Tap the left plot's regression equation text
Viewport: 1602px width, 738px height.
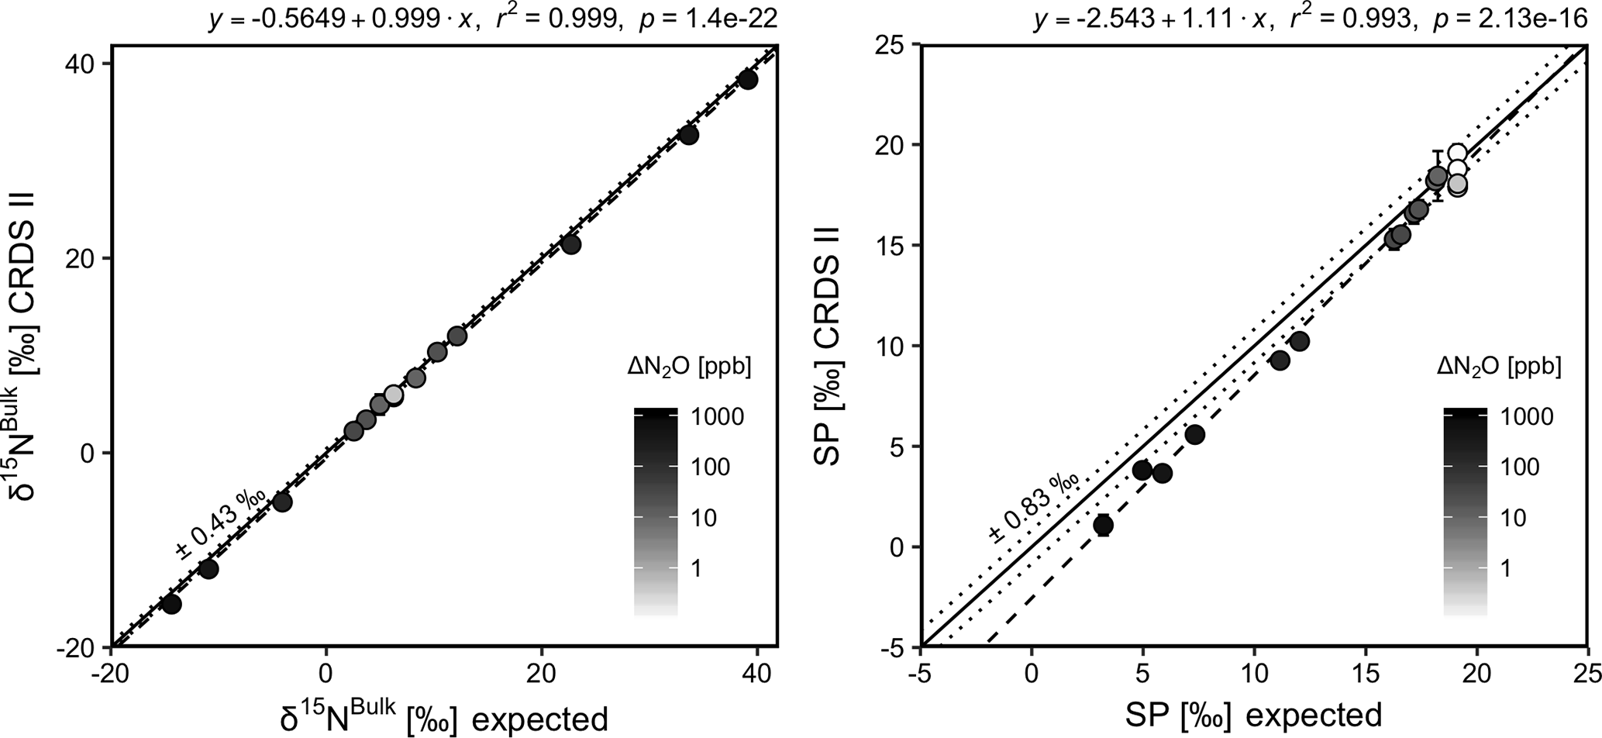pyautogui.click(x=493, y=19)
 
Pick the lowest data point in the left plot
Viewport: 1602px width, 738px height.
pyautogui.click(x=171, y=604)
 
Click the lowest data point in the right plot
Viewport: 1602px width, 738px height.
pyautogui.click(x=1103, y=525)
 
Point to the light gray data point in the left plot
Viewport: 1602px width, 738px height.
pyautogui.click(x=394, y=395)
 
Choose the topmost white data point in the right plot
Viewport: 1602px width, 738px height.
pyautogui.click(x=1457, y=153)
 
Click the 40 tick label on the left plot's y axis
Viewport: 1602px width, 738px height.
pyautogui.click(x=78, y=64)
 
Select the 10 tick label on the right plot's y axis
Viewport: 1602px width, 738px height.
pyautogui.click(x=891, y=346)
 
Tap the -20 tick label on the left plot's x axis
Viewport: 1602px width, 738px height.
pyautogui.click(x=111, y=672)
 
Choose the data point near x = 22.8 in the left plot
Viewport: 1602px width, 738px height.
pyautogui.click(x=570, y=245)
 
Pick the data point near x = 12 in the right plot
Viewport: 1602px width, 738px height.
pyautogui.click(x=1300, y=341)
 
